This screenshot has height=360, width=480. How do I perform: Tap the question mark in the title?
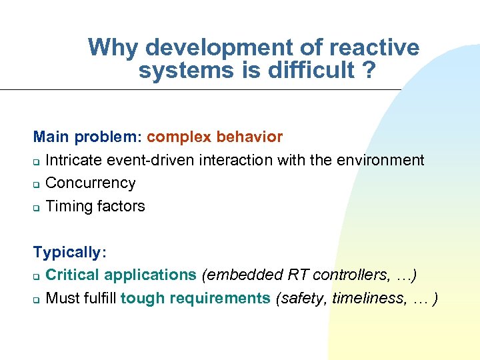click(x=367, y=70)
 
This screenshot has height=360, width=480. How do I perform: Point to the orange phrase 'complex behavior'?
click(x=215, y=137)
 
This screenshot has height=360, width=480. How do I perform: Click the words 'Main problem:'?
click(x=87, y=137)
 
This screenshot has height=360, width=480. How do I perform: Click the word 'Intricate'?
click(x=71, y=160)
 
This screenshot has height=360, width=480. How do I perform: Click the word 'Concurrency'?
click(x=90, y=183)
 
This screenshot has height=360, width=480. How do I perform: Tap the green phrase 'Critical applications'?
click(x=121, y=275)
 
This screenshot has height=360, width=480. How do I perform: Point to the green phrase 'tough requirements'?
click(x=195, y=298)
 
